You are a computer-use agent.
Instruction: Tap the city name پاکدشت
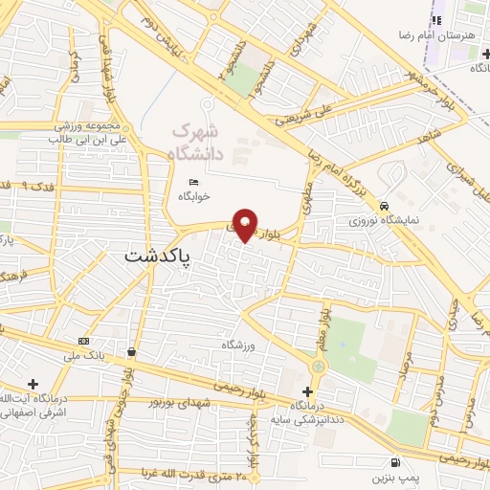[x=159, y=257]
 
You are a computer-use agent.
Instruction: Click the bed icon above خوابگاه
[x=194, y=182]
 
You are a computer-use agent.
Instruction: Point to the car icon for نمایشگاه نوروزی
[x=384, y=206]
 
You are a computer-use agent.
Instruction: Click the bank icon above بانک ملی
[x=84, y=342]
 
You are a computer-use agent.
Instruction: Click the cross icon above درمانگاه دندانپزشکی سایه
[x=307, y=390]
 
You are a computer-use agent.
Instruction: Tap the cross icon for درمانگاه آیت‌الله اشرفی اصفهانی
[x=33, y=384]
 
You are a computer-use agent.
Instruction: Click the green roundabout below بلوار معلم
[x=318, y=366]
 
